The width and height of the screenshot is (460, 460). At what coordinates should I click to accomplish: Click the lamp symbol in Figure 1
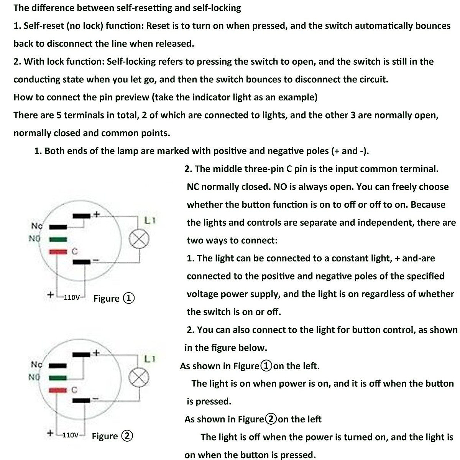[x=139, y=240]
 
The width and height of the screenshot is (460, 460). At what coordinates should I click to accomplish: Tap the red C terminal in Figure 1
[x=58, y=251]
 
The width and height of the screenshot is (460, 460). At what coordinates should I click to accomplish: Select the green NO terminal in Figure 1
[x=58, y=239]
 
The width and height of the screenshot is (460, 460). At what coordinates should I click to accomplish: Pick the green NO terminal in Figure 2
[x=58, y=378]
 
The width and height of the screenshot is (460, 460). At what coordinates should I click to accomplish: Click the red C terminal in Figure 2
[x=58, y=389]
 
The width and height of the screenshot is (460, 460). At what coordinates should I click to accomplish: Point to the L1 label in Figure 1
[x=149, y=221]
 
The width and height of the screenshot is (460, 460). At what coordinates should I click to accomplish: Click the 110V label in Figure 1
[x=72, y=297]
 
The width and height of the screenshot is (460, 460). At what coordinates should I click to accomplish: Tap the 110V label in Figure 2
[x=71, y=435]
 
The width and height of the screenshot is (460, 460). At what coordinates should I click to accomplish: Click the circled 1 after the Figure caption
[x=129, y=298]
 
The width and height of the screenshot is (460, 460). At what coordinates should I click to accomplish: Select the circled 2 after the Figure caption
[x=127, y=436]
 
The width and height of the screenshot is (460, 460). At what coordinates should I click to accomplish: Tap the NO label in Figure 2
[x=34, y=377]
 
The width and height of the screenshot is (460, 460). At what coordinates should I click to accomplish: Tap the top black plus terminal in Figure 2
[x=81, y=353]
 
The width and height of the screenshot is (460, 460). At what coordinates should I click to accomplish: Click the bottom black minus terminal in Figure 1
[x=81, y=262]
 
